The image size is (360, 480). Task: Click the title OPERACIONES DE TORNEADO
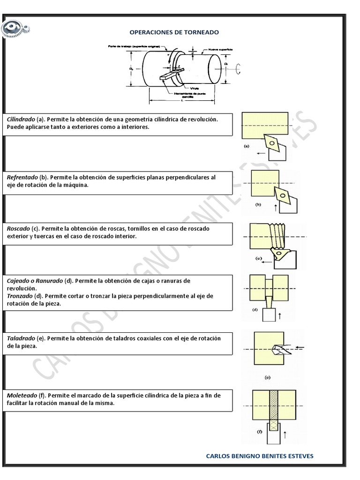[174, 32]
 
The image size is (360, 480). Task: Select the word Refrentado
[22, 178]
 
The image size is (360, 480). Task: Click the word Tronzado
[20, 296]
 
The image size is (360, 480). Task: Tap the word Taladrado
[21, 338]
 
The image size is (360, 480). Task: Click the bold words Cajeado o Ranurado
[35, 281]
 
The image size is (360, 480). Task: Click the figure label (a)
[247, 146]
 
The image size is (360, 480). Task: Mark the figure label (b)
[258, 204]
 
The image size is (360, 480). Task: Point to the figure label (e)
[268, 377]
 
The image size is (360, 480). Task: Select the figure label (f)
[259, 431]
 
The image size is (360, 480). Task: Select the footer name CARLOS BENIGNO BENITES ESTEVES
[260, 456]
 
